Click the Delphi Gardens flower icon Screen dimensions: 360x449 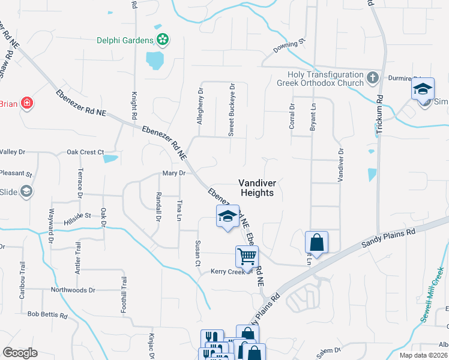click(x=162, y=40)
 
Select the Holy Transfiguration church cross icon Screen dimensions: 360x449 click(x=372, y=78)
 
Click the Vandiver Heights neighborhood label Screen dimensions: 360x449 click(x=256, y=188)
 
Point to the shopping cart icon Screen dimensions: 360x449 click(x=247, y=257)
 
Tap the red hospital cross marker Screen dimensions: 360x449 click(x=26, y=103)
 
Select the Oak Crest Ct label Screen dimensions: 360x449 click(x=85, y=152)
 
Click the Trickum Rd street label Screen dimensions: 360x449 click(x=380, y=114)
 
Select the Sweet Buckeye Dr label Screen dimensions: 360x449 click(x=231, y=110)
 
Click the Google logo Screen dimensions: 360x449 click(x=20, y=353)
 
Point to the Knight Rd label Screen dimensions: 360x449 click(x=134, y=105)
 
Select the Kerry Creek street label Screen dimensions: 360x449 click(x=229, y=272)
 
